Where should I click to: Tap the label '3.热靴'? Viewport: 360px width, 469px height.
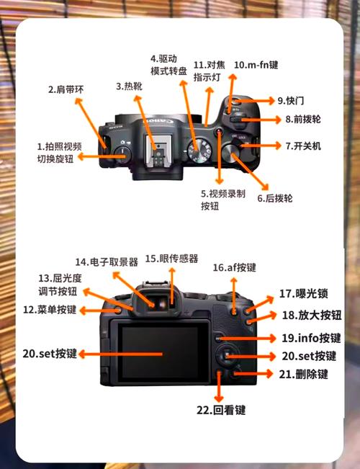coord(131,86)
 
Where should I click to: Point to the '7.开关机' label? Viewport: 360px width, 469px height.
coord(302,146)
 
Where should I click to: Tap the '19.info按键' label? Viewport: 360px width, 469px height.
coord(310,337)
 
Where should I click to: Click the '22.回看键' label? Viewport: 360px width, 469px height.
coord(220,410)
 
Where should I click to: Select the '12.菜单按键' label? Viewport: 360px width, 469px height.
coord(49,310)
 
